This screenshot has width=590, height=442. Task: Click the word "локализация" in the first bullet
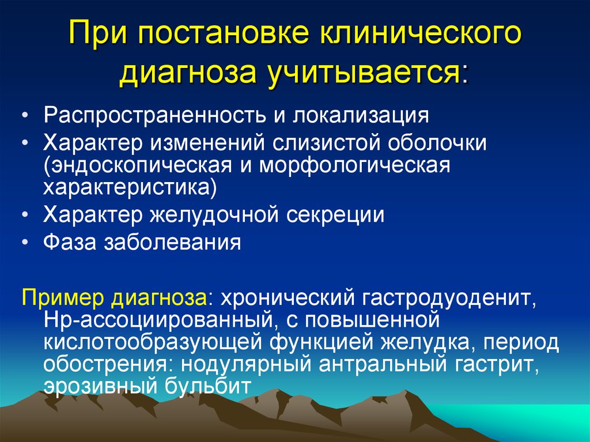pyautogui.click(x=361, y=115)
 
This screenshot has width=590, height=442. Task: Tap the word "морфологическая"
pyautogui.click(x=354, y=166)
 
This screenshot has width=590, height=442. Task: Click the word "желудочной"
pyautogui.click(x=214, y=215)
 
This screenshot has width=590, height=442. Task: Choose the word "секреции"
pyautogui.click(x=336, y=215)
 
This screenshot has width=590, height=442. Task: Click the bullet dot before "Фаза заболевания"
pyautogui.click(x=24, y=243)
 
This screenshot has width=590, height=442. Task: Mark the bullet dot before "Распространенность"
pyautogui.click(x=24, y=116)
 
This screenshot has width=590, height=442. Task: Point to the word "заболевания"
pyautogui.click(x=172, y=243)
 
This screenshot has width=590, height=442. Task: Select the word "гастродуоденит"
pyautogui.click(x=449, y=298)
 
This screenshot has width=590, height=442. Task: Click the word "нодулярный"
pyautogui.click(x=247, y=364)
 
